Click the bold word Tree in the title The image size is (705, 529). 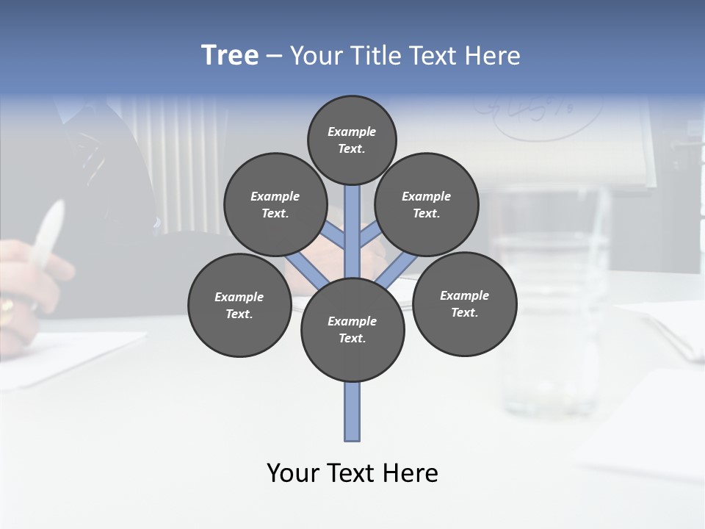(230, 55)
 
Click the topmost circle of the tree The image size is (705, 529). (352, 140)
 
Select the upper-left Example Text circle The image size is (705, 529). (275, 204)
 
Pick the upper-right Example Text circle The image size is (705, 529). (427, 204)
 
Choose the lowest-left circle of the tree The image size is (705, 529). (239, 305)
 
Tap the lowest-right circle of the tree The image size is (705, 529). (465, 303)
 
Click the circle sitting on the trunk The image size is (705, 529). (352, 330)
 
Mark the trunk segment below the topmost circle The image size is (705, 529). (352, 220)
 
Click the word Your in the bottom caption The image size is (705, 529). (293, 473)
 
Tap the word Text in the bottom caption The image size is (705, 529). (352, 473)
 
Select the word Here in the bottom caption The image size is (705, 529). (413, 473)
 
